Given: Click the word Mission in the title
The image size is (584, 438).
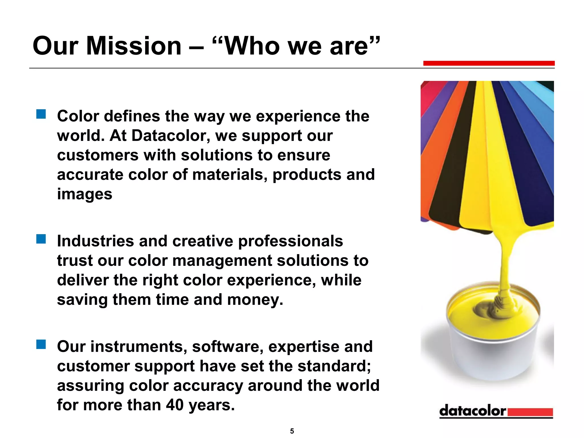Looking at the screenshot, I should pos(134,46).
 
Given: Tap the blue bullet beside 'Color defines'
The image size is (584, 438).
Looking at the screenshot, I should pos(41,114).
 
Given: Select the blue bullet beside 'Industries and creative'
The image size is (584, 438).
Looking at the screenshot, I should pos(41,239).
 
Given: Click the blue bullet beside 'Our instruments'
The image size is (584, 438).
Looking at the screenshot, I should pos(41,344).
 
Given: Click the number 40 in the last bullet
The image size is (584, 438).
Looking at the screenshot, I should pos(175,405).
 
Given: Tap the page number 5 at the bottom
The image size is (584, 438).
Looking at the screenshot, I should pos(292,431).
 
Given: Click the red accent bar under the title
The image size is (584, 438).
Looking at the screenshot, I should pos(489,63).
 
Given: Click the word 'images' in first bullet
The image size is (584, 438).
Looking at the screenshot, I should pos(85,194).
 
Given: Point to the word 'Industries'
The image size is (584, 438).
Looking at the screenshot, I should pos(95,241).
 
